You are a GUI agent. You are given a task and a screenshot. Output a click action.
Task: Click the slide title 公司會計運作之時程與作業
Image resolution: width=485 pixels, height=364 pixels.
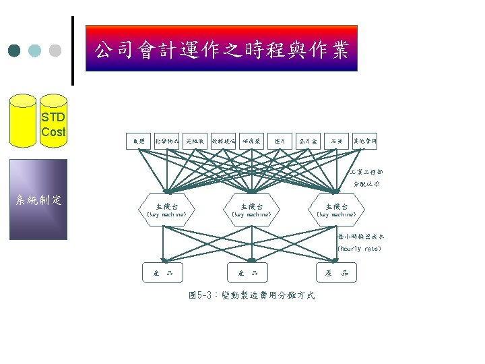221,49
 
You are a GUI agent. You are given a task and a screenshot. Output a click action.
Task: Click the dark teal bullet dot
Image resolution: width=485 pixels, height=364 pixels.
14,51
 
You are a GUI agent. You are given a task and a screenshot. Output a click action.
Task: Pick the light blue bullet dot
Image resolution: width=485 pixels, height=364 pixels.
35,51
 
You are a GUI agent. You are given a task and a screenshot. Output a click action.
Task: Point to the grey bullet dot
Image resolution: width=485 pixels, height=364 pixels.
55,51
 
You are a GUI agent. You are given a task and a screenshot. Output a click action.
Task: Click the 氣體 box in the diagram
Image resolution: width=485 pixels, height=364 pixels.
138,141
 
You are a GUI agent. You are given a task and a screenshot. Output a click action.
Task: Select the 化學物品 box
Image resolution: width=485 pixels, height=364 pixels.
166,141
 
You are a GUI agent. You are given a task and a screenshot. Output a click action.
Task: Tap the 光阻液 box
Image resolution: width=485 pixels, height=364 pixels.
195,141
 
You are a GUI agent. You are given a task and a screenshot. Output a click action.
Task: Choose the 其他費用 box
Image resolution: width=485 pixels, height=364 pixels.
364,141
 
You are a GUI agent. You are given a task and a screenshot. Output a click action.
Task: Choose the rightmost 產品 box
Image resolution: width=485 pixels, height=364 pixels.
336,272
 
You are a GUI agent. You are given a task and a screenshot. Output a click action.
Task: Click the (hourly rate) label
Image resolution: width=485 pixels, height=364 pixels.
358,249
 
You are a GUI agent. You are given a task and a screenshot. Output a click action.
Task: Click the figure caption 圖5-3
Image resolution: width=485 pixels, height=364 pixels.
251,297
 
